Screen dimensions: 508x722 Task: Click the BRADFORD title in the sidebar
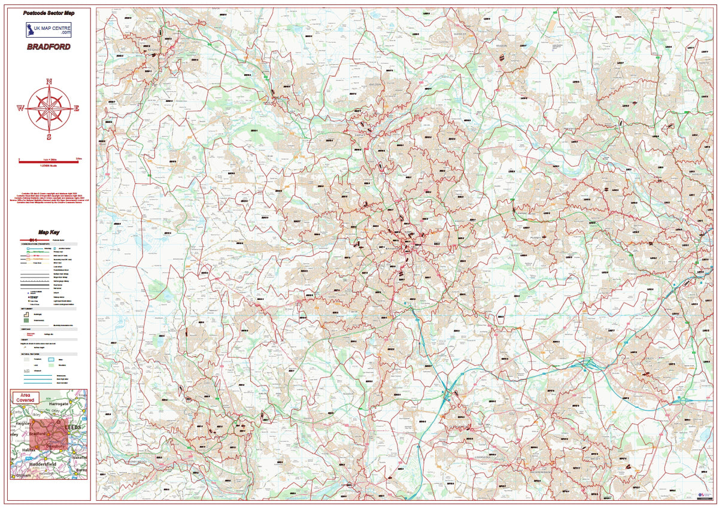tap(48, 47)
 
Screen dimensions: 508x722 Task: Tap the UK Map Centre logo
tap(48, 30)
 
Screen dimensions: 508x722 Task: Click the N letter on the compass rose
tap(49, 82)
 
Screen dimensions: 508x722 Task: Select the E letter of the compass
tap(77, 108)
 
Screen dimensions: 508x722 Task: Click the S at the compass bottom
tap(49, 135)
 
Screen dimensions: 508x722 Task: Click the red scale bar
tap(49, 161)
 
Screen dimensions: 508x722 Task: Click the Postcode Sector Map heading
tap(49, 13)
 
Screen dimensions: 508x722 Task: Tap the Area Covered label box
tap(25, 397)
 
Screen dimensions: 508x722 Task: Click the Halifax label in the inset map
tap(25, 447)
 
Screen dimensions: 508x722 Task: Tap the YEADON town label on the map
tap(502, 45)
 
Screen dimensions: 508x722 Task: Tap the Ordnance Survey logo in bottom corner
tap(704, 494)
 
